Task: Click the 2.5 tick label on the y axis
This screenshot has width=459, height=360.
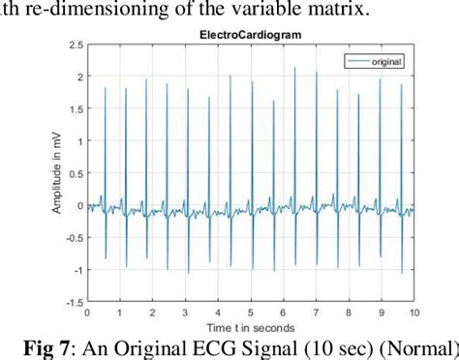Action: click(x=75, y=44)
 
